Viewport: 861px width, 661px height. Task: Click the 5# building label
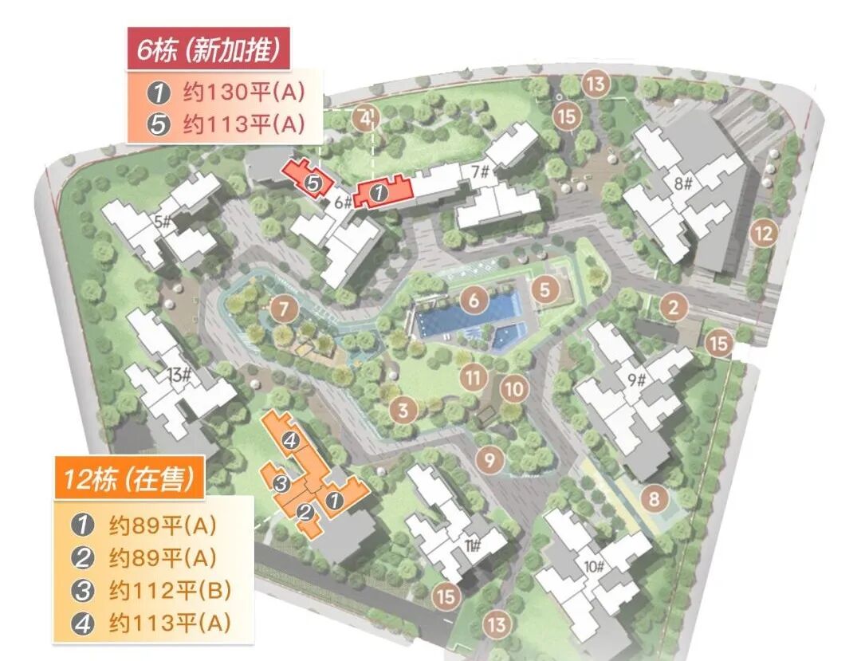(163, 222)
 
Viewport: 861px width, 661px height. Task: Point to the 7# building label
(479, 170)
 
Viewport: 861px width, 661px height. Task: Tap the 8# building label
(683, 185)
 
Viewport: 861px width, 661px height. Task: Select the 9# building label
(636, 380)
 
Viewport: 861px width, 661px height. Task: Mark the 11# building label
(472, 545)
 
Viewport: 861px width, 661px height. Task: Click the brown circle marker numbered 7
(283, 309)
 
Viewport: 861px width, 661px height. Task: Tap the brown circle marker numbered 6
(474, 301)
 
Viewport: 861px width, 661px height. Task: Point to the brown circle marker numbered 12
(764, 234)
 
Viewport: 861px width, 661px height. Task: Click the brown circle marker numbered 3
(403, 411)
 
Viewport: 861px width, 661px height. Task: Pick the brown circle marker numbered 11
(474, 376)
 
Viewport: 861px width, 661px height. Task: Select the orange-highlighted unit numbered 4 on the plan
(291, 439)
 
